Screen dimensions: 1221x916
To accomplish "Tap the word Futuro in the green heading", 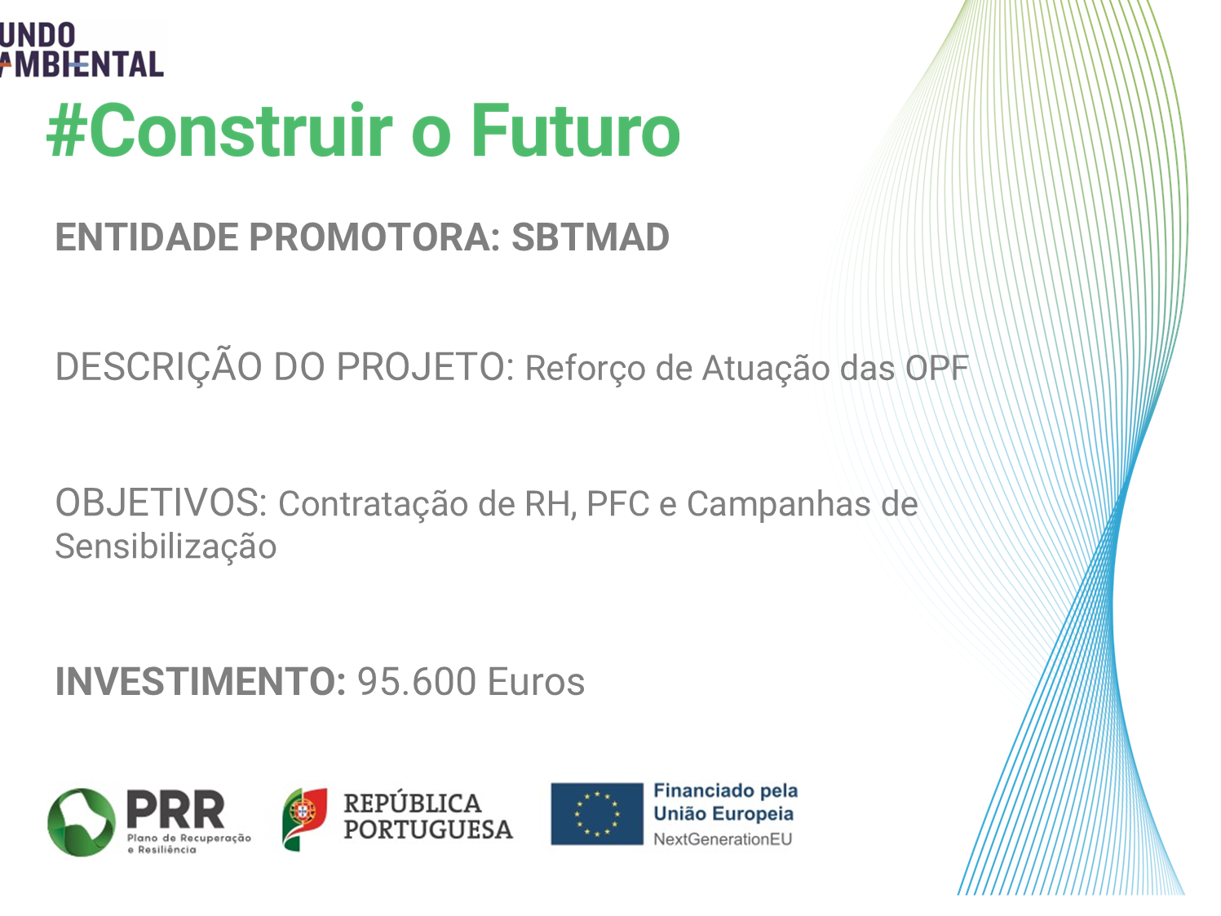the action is click(x=575, y=131).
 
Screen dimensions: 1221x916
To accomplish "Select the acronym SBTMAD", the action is click(x=591, y=237).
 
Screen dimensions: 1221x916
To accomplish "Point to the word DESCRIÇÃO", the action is click(x=158, y=368).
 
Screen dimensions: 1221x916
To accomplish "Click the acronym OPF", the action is click(x=936, y=368).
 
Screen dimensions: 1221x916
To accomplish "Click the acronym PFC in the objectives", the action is click(x=618, y=504).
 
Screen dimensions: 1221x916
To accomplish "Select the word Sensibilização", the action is click(x=166, y=547).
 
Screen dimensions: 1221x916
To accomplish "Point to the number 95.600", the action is click(x=417, y=682).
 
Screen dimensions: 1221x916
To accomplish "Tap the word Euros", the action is click(x=536, y=682).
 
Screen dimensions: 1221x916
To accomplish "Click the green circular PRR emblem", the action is click(x=82, y=821).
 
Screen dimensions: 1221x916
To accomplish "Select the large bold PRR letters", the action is click(x=176, y=810).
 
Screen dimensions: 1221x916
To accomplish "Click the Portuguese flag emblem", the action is click(x=305, y=819).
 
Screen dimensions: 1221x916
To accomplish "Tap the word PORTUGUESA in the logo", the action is click(x=428, y=830).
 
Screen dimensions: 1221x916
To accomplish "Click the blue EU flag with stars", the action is click(x=597, y=814).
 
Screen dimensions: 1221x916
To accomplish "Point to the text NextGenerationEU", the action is click(x=723, y=839).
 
